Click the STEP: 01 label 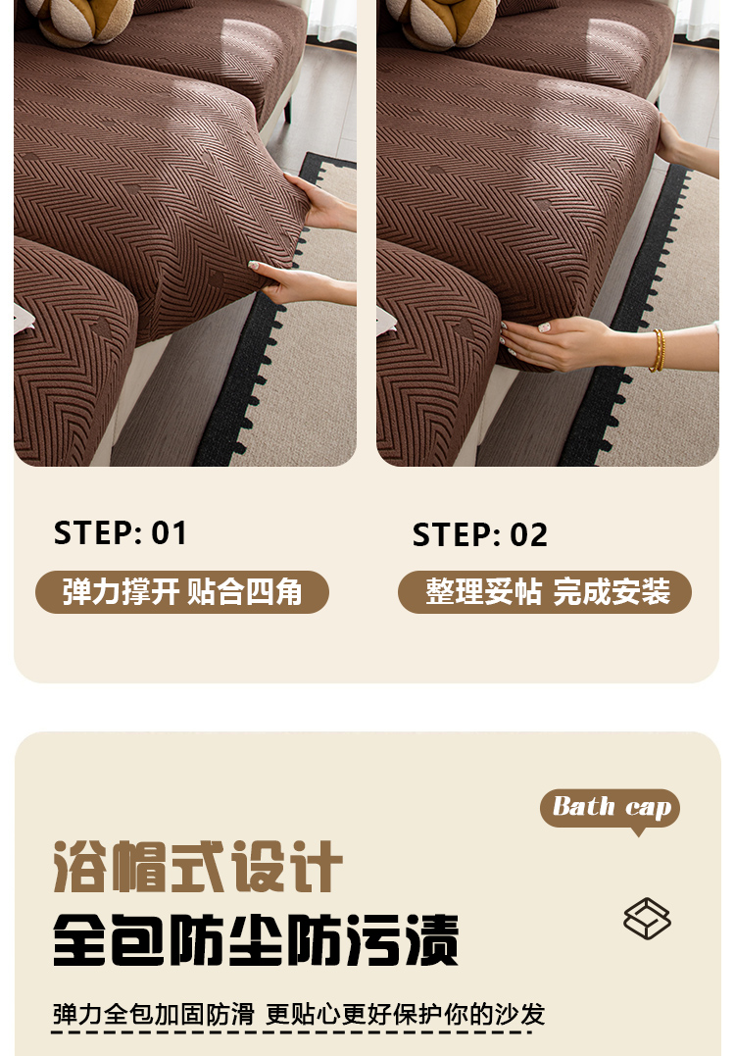click(x=120, y=532)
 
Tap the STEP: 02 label click(x=480, y=534)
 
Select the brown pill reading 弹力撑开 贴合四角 click(x=181, y=592)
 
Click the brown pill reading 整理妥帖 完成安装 click(x=545, y=592)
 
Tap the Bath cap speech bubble click(x=610, y=808)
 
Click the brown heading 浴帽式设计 click(x=198, y=866)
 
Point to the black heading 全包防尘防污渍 click(x=256, y=939)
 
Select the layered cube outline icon click(x=647, y=918)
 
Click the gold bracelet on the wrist click(x=657, y=350)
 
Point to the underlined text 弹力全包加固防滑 click(x=154, y=1014)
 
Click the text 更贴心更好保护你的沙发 click(x=405, y=1014)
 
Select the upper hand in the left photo click(x=323, y=203)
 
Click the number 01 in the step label click(x=169, y=532)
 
